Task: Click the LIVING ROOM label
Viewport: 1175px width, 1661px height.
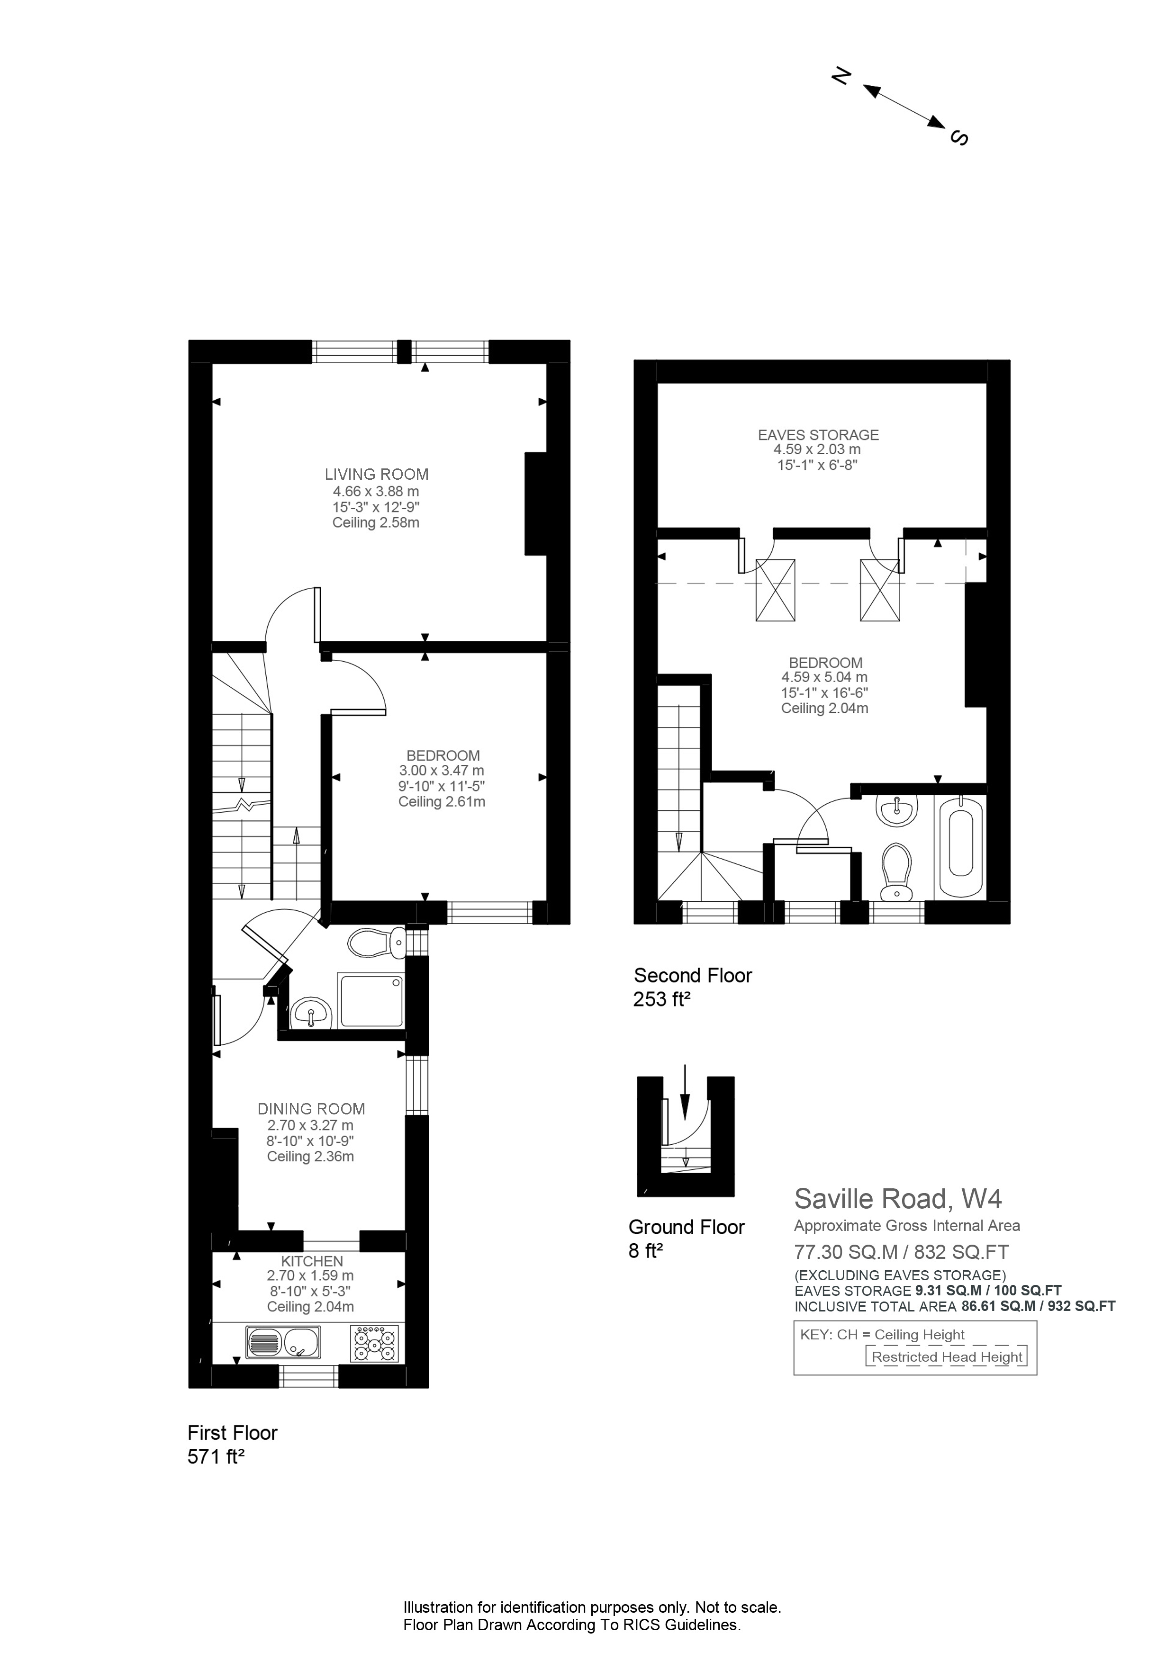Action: (376, 475)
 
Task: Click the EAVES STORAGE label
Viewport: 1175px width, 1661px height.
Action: (818, 435)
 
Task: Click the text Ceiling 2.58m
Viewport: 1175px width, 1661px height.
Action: (376, 522)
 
